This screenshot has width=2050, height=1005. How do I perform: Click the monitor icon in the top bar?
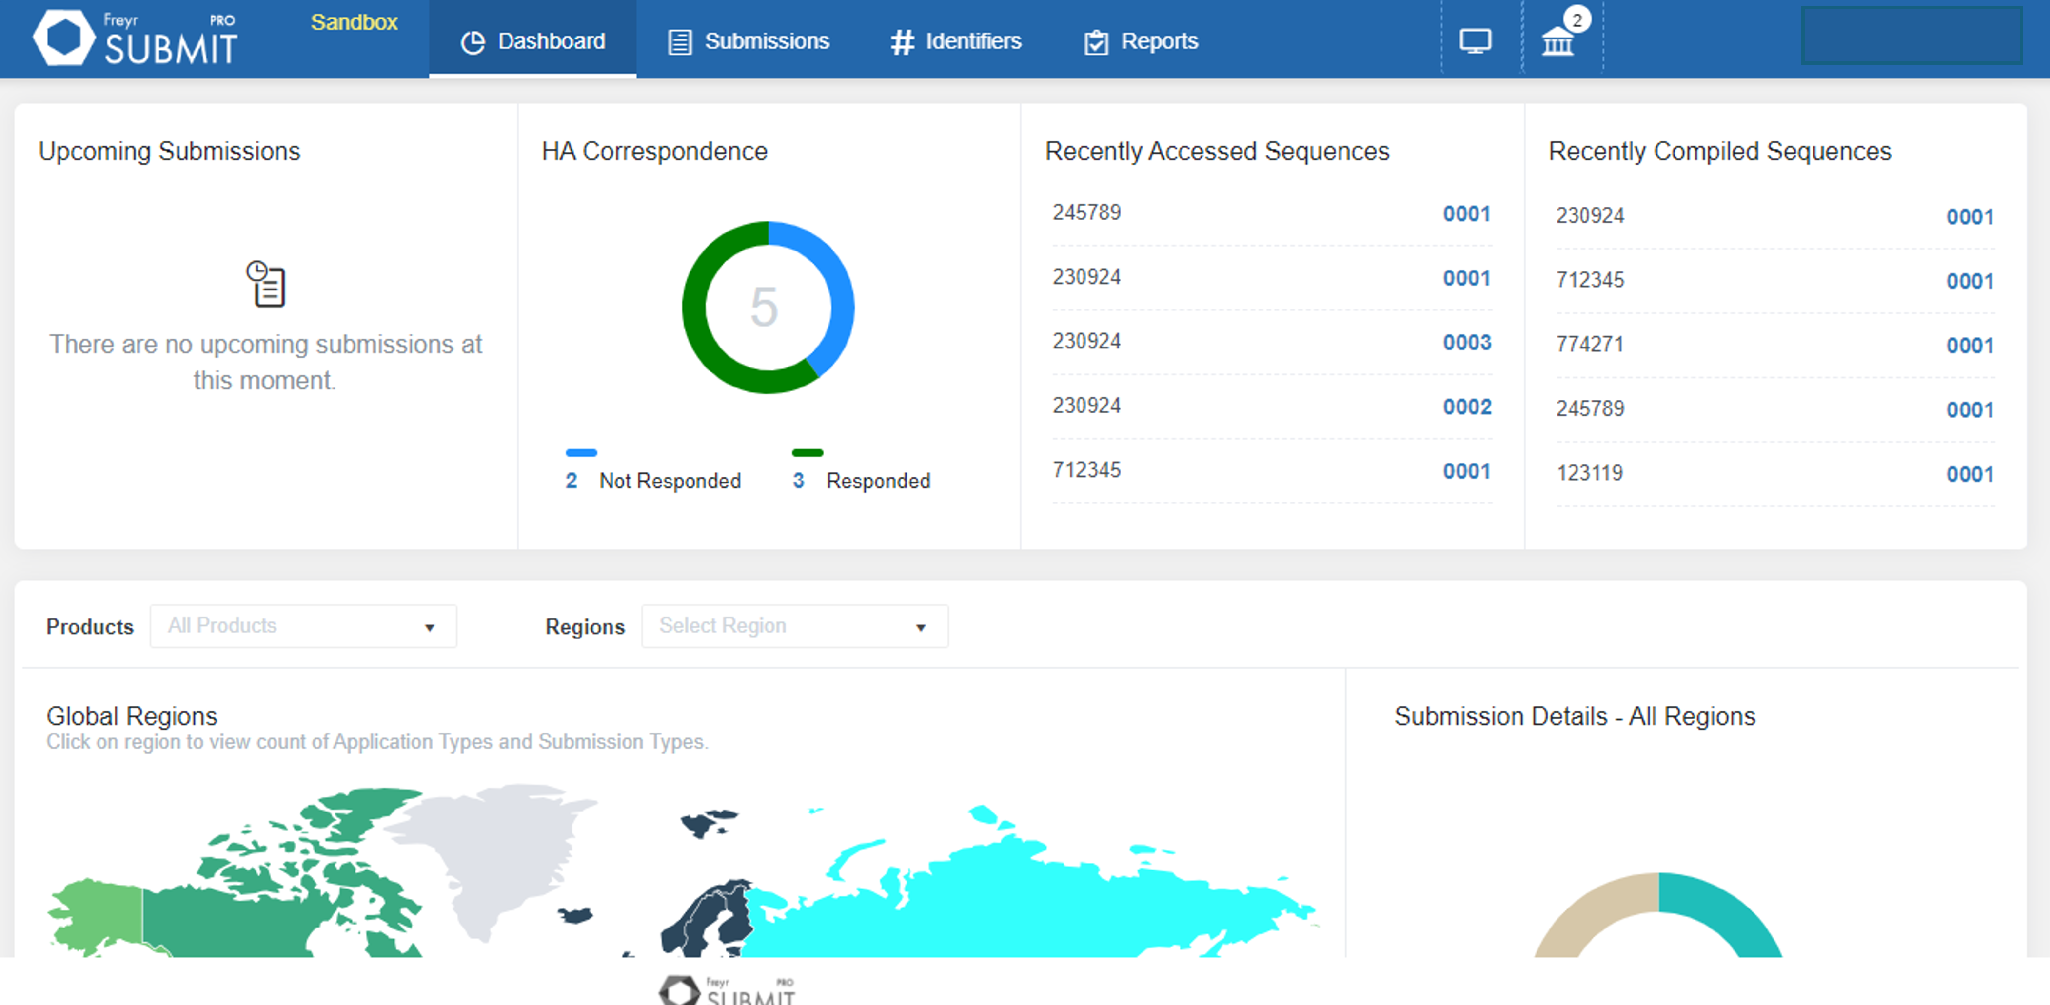1475,40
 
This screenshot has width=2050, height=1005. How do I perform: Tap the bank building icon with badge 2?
1557,40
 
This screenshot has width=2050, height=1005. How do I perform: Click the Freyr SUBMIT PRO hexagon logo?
64,38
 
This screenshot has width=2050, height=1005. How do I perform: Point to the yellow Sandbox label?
354,22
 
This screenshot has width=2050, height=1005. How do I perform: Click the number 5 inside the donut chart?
764,307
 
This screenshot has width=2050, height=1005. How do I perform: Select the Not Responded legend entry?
669,481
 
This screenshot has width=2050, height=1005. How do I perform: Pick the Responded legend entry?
877,481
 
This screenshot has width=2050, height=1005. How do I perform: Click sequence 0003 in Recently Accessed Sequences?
1467,342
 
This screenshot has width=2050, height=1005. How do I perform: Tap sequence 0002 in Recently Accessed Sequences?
1467,406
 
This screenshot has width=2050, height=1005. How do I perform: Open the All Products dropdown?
302,626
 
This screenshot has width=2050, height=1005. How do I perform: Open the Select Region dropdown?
794,626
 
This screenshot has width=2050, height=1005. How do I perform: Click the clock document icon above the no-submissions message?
266,284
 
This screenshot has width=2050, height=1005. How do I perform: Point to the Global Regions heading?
131,716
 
